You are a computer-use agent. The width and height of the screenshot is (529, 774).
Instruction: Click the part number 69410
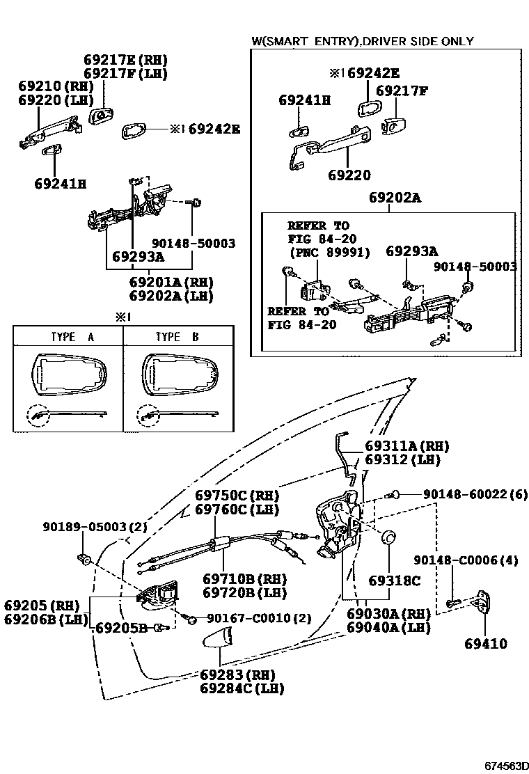(486, 644)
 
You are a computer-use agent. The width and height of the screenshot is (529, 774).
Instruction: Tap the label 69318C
(394, 580)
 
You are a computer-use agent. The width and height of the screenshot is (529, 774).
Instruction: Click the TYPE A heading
(72, 337)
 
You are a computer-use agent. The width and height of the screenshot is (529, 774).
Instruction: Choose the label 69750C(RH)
(237, 496)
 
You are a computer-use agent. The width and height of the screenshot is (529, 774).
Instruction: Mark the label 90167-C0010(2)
(259, 617)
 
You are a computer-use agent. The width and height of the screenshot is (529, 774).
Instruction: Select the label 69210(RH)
(56, 86)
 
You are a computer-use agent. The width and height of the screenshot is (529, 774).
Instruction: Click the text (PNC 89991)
(329, 251)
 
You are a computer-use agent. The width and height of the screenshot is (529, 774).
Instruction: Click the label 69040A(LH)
(388, 627)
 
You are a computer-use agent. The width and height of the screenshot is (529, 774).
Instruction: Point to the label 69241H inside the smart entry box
(304, 100)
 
